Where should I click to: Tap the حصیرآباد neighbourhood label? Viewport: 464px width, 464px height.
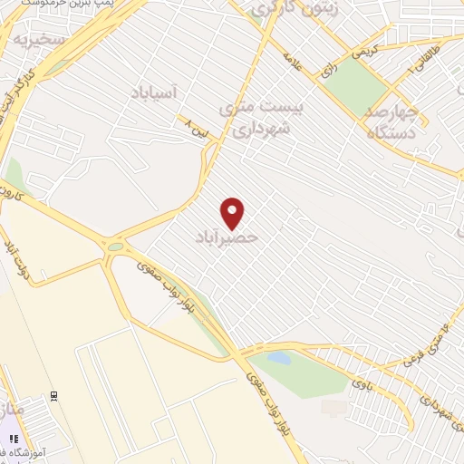point(227,237)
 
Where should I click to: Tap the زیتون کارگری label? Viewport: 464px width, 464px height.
point(283,10)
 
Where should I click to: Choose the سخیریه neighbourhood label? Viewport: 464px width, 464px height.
point(40,41)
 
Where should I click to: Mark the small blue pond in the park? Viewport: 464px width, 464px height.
point(281,359)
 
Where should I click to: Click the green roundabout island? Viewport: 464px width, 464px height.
point(115,246)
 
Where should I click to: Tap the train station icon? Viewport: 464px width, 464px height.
point(54,396)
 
